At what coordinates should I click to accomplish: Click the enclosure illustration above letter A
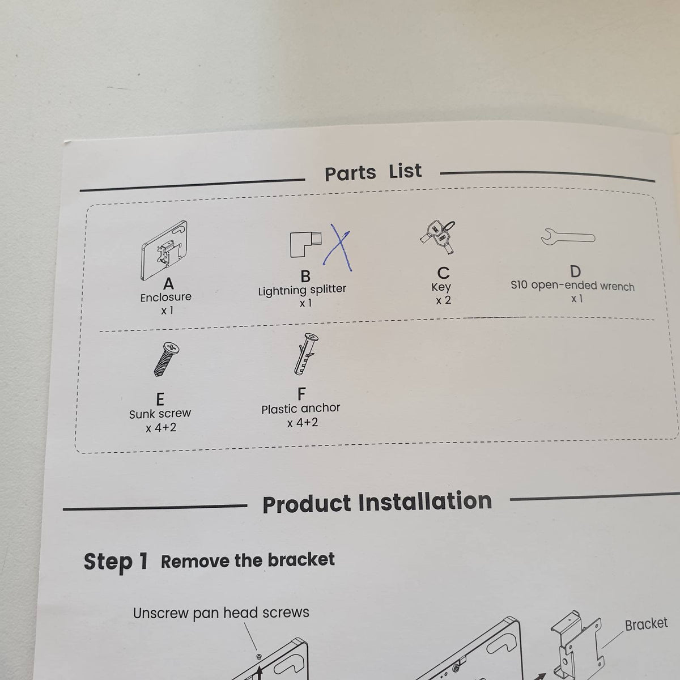click(x=164, y=250)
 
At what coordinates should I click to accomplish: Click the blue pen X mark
click(x=337, y=248)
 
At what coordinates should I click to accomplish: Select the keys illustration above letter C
click(x=438, y=237)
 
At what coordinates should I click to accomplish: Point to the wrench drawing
click(x=568, y=237)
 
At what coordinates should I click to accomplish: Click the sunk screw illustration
click(x=167, y=359)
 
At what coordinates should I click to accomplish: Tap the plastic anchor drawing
click(x=305, y=353)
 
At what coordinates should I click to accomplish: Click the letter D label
click(x=576, y=271)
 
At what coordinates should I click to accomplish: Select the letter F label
click(x=301, y=394)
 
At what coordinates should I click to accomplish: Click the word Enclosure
click(x=166, y=297)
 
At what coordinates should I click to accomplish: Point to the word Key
click(x=441, y=287)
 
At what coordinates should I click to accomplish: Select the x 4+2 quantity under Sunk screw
click(x=161, y=428)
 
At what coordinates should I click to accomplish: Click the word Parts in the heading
click(x=350, y=173)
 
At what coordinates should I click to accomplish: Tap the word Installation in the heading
click(x=425, y=501)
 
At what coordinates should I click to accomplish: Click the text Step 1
click(x=116, y=562)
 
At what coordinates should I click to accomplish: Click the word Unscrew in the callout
click(x=160, y=613)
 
